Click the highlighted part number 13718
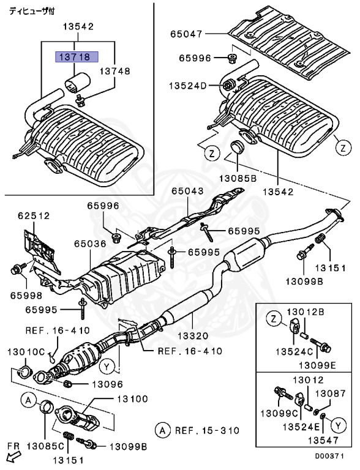click(73, 56)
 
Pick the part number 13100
click(131, 399)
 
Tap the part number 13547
click(323, 440)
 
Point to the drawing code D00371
click(334, 456)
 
